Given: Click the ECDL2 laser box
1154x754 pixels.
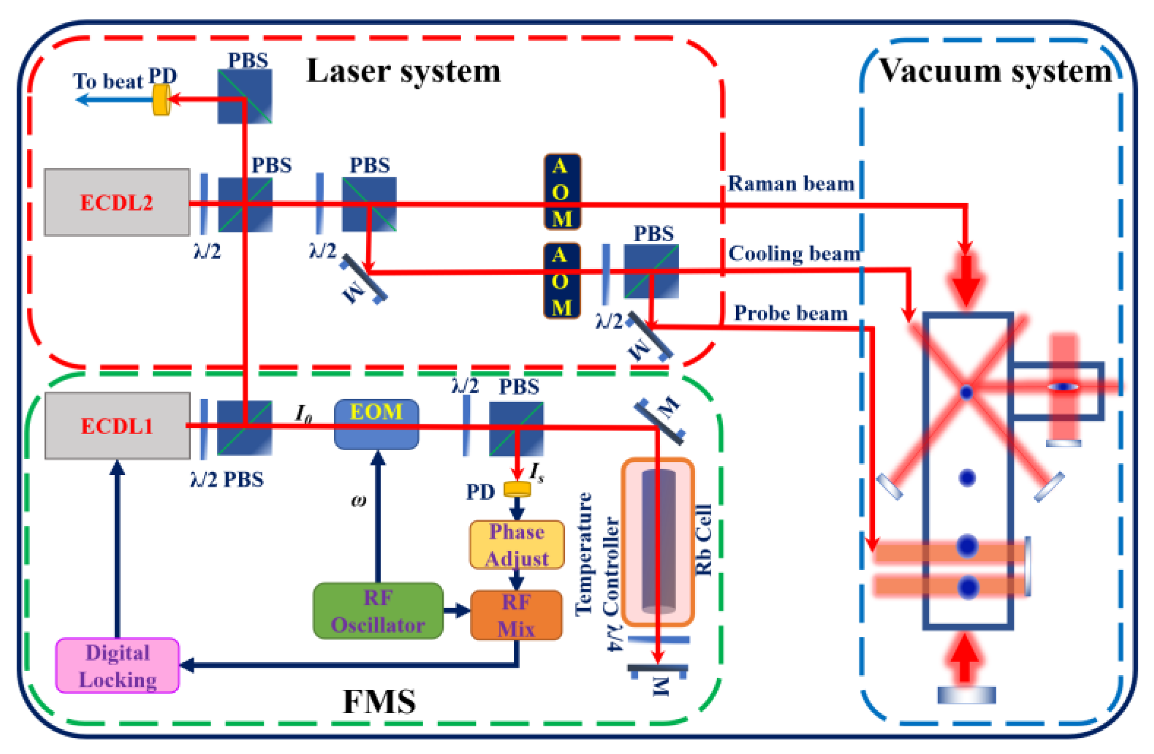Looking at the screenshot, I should (x=117, y=202).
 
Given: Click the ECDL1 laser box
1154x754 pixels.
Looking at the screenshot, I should (x=117, y=426).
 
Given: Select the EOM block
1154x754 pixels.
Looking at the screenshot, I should (x=376, y=424).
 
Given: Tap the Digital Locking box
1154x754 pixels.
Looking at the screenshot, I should (x=117, y=666).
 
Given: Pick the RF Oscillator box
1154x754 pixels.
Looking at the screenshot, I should (x=378, y=611).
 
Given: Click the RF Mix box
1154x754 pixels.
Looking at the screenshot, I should (x=516, y=615).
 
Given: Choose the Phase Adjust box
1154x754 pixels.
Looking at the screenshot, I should (x=516, y=545).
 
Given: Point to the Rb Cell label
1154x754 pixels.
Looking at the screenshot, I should (x=703, y=540).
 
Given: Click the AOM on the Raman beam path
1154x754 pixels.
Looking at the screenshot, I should (x=562, y=192).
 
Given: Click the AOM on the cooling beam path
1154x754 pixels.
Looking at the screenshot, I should (x=561, y=281).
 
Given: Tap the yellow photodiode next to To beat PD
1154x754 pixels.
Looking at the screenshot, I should (x=161, y=100).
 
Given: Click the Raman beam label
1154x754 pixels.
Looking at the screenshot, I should (x=791, y=184).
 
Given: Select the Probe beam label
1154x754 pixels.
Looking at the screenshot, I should (x=791, y=313).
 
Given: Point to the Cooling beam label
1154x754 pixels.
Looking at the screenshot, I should (x=794, y=254).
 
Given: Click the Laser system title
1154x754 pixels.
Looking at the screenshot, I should (x=403, y=71).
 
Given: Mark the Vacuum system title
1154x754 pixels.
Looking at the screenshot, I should (x=996, y=71).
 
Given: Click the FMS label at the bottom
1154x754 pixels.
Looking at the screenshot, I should (x=379, y=701).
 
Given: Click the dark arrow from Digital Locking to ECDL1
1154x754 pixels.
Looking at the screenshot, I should (x=117, y=549).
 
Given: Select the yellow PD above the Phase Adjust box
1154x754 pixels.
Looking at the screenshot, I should (x=517, y=489).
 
